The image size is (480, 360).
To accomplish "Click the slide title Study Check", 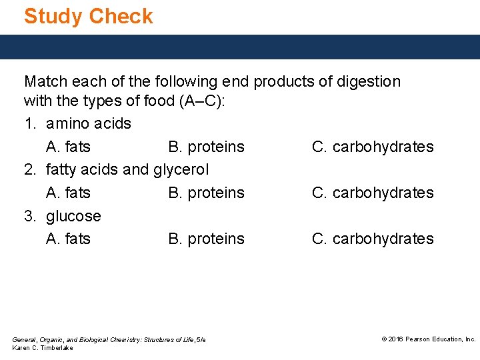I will click(x=88, y=16).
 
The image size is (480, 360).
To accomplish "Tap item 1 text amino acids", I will click(x=89, y=124).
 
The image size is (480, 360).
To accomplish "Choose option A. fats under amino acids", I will click(x=68, y=147).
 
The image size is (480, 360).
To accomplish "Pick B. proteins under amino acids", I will click(x=206, y=147).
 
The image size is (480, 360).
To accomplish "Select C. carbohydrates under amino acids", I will click(x=373, y=147).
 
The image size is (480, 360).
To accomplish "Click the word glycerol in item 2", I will click(x=181, y=170).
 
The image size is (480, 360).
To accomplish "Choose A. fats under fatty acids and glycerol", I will click(x=68, y=193).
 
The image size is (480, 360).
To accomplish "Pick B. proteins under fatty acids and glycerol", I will click(x=206, y=193).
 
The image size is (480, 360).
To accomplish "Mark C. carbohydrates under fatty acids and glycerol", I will click(x=373, y=193).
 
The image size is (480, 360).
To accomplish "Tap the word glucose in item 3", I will click(x=73, y=216).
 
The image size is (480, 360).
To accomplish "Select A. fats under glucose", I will click(x=68, y=239).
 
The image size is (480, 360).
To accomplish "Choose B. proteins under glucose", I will click(x=206, y=239).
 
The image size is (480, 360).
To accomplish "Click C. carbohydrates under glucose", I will click(x=373, y=239).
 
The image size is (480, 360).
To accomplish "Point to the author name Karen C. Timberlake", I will click(x=43, y=348).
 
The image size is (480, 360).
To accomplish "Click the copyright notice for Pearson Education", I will click(x=428, y=339).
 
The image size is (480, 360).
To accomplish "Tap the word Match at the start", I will click(x=45, y=82).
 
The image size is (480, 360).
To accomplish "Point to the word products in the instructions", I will click(x=292, y=82).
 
